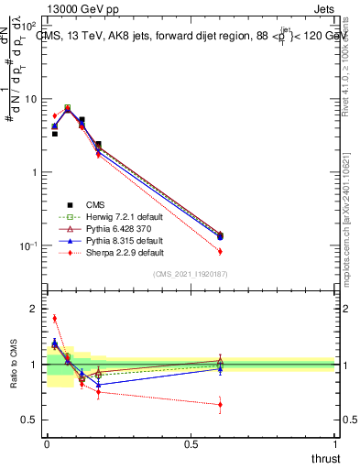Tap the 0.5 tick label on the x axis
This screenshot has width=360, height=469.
[x=191, y=443]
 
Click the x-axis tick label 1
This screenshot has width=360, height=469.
[x=335, y=443]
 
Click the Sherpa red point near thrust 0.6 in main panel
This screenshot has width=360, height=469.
[x=220, y=251]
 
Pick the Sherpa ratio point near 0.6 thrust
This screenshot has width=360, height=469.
[x=220, y=404]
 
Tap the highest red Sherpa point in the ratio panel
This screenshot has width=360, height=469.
[x=54, y=319]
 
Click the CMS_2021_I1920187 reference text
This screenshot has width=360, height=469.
[x=191, y=274]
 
